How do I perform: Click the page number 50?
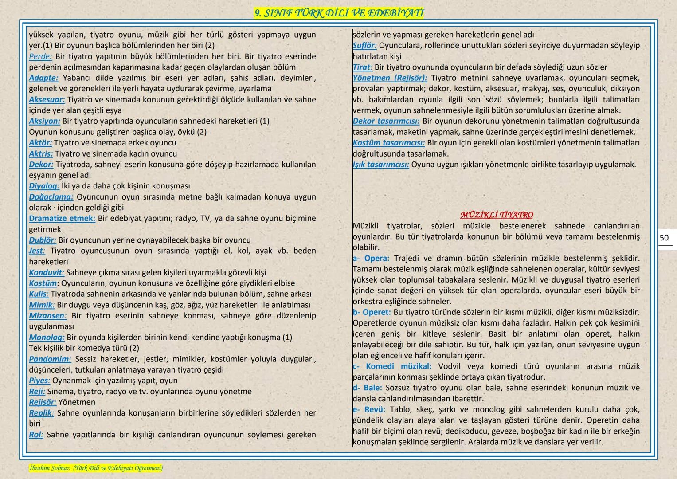[664, 238]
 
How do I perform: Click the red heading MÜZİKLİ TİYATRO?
[497, 215]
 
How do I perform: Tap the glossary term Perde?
[40, 56]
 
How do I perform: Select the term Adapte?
[43, 78]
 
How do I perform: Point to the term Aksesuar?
[47, 100]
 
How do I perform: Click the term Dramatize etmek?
[62, 218]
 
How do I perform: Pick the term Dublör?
[43, 240]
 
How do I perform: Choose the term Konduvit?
[47, 272]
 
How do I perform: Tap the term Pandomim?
[50, 359]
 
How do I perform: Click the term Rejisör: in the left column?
[43, 402]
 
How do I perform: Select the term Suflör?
[364, 46]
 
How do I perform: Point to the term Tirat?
[362, 67]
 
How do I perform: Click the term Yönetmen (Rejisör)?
[390, 78]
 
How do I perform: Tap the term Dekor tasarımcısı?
[386, 121]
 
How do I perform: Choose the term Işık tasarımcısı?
[381, 165]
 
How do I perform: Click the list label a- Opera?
[371, 258]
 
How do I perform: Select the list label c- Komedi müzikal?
[392, 366]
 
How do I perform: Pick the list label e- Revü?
[369, 409]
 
